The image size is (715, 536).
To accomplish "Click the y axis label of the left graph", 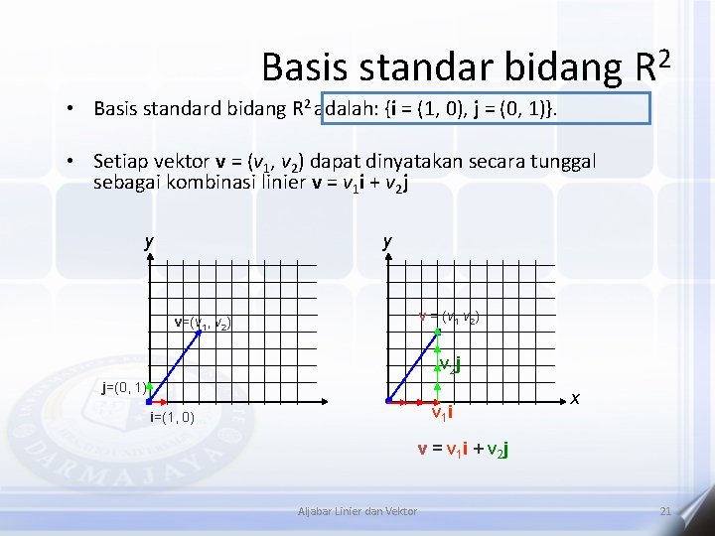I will [x=149, y=241].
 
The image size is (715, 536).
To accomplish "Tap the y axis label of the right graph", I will [x=387, y=241].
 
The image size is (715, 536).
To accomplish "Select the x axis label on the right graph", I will [x=575, y=398].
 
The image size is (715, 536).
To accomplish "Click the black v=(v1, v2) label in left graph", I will [x=203, y=323].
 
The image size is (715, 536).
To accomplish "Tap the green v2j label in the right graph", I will [x=450, y=363].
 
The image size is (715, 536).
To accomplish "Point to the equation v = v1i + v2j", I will [x=463, y=449].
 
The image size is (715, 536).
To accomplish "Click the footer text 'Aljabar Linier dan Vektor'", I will [x=357, y=510].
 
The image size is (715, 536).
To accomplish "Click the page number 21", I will [x=664, y=510].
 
